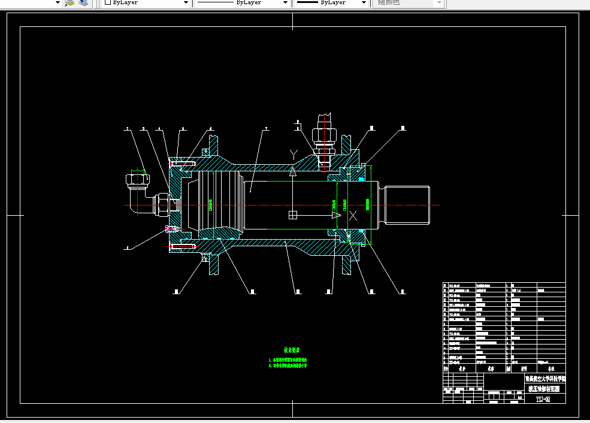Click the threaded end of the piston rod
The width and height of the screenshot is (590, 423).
pos(408,205)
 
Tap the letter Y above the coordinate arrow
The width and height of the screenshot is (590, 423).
pos(293,155)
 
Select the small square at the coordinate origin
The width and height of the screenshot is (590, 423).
pos(292,215)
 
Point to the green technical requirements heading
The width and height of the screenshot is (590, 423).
pos(292,350)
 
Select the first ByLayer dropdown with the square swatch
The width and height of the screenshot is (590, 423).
pos(144,3)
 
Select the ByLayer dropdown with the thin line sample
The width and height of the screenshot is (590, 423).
pos(242,3)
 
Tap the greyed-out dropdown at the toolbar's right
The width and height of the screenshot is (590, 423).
pos(410,3)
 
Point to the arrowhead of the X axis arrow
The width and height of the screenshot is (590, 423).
pos(337,215)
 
